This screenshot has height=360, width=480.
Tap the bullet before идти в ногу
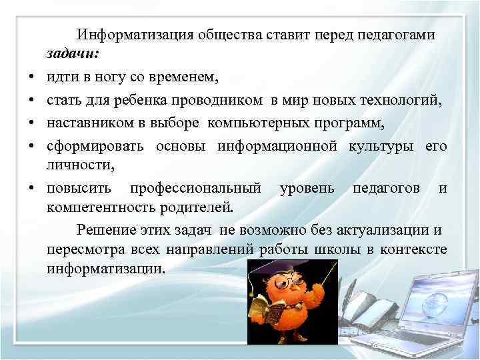click(33, 78)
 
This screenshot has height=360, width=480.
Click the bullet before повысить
click(33, 189)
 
